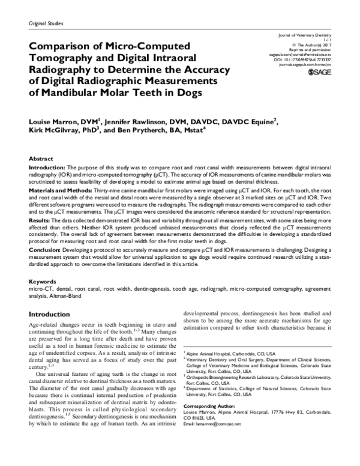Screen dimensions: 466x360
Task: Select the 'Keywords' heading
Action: click(x=43, y=282)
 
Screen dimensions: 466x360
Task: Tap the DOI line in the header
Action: click(x=307, y=60)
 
